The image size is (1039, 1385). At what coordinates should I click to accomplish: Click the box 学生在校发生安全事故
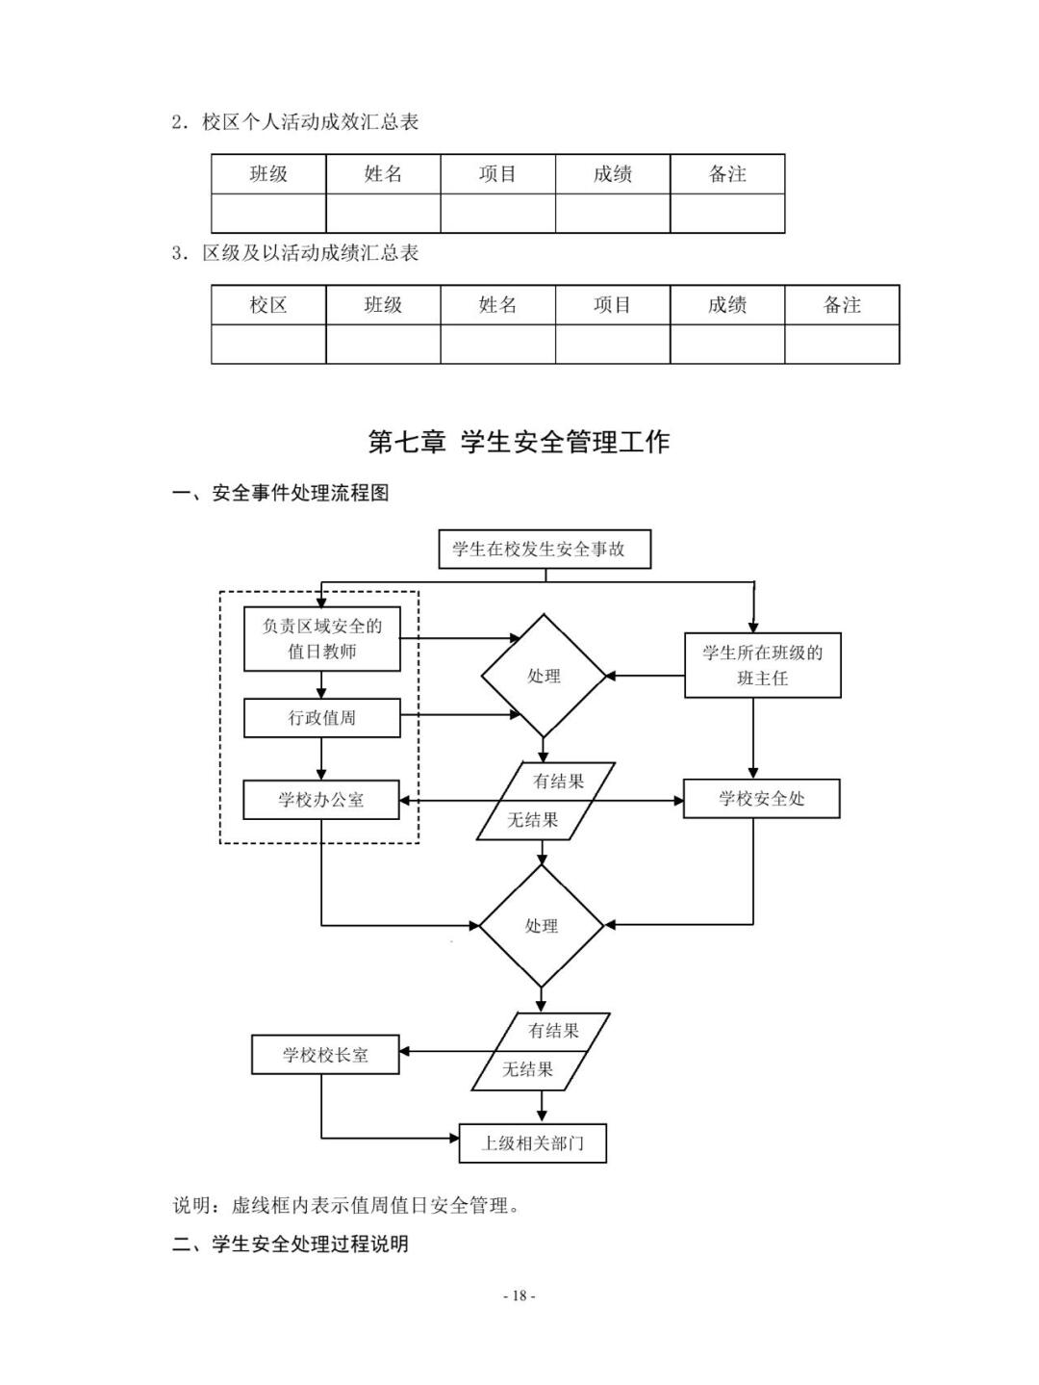click(x=545, y=550)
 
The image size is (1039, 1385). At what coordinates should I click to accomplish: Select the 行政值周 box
click(x=321, y=718)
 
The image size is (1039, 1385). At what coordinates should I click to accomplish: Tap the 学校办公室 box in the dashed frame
click(x=321, y=800)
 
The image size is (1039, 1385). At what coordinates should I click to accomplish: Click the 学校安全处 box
click(x=761, y=799)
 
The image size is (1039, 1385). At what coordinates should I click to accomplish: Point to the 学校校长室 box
click(x=325, y=1055)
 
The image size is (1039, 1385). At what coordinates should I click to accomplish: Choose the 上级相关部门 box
click(x=532, y=1143)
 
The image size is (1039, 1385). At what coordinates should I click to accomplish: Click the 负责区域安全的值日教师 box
click(x=321, y=639)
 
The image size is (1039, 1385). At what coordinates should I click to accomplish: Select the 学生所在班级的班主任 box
click(x=762, y=665)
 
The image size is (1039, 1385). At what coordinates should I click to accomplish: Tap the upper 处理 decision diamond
click(x=544, y=677)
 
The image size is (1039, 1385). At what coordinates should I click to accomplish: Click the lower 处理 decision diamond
click(x=541, y=926)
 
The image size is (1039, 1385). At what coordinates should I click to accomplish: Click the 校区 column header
click(x=268, y=305)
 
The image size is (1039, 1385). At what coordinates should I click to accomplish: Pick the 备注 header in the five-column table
click(x=727, y=174)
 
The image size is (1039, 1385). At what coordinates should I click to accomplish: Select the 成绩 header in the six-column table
click(x=727, y=305)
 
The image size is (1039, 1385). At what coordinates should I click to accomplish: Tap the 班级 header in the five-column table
click(x=268, y=174)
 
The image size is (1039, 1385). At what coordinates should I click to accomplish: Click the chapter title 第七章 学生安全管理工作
click(x=519, y=442)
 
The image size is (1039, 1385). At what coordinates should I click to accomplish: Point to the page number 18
click(x=519, y=1295)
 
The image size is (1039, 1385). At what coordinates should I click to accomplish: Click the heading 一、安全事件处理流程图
click(x=281, y=494)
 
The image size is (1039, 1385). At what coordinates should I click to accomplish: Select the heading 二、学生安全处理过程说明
click(x=291, y=1244)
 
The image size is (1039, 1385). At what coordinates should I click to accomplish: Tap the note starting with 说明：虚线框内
click(x=347, y=1205)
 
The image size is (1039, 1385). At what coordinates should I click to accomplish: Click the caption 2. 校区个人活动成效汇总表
click(x=295, y=122)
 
